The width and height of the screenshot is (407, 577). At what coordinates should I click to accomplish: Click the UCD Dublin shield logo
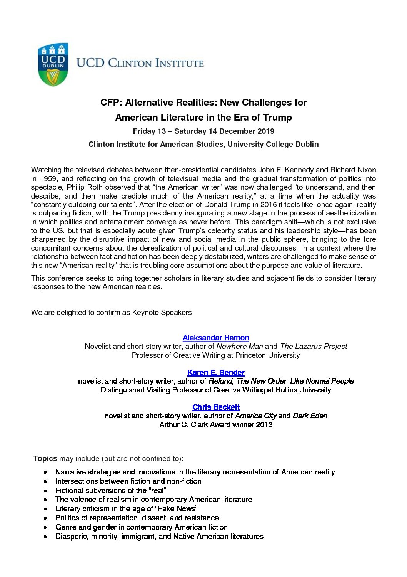click(x=53, y=64)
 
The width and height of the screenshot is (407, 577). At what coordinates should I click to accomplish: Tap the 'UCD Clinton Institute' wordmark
click(x=140, y=63)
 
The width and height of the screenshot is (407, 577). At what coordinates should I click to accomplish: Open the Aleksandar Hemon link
click(x=216, y=338)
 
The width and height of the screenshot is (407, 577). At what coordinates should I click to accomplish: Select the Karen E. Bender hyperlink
click(x=216, y=372)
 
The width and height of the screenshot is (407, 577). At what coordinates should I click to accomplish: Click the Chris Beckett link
click(x=216, y=407)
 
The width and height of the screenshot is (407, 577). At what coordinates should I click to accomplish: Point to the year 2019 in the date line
click(x=265, y=131)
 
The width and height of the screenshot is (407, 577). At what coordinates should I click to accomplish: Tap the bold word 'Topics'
click(x=45, y=458)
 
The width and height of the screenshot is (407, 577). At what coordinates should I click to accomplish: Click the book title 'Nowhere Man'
click(x=239, y=346)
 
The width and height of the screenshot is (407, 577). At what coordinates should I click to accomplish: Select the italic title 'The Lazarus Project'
click(x=314, y=346)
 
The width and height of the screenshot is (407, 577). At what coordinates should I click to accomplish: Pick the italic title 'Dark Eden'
click(x=310, y=416)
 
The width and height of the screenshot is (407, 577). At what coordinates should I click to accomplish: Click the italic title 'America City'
click(x=255, y=416)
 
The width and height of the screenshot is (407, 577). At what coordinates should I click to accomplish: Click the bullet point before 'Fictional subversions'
click(x=46, y=491)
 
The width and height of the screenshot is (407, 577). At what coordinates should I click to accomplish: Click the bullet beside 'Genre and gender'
click(x=46, y=527)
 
